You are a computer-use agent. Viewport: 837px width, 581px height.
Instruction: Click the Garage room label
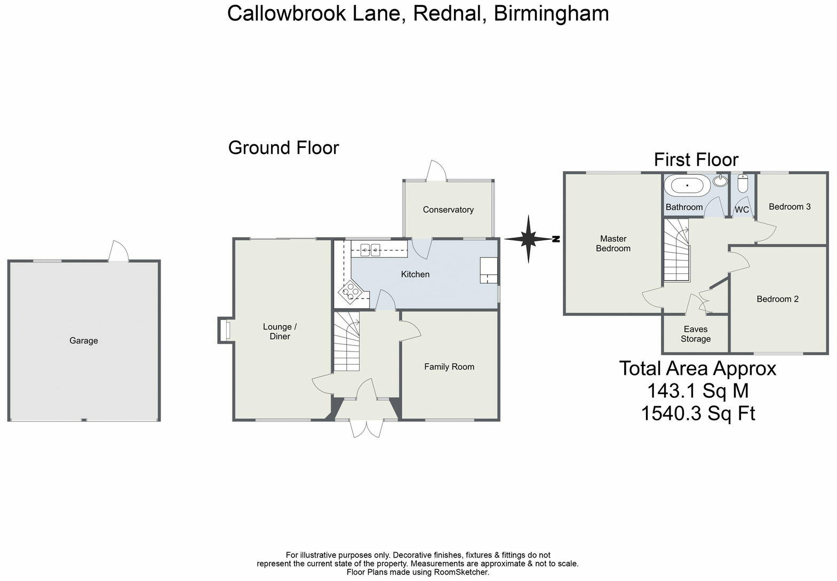pyautogui.click(x=84, y=341)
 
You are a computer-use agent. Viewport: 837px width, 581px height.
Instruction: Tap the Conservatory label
pyautogui.click(x=448, y=210)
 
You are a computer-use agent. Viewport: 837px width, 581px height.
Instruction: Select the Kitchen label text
pyautogui.click(x=415, y=274)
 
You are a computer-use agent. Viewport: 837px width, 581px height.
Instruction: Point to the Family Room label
pyautogui.click(x=449, y=367)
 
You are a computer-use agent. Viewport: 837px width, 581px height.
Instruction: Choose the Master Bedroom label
pyautogui.click(x=613, y=244)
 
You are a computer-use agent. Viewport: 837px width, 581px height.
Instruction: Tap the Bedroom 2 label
pyautogui.click(x=777, y=299)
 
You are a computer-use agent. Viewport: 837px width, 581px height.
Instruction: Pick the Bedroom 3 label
pyautogui.click(x=790, y=207)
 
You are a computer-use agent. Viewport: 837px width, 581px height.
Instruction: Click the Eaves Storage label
pyautogui.click(x=696, y=334)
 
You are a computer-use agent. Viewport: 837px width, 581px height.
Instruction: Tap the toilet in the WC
pyautogui.click(x=742, y=184)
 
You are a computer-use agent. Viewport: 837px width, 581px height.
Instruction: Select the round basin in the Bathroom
pyautogui.click(x=720, y=182)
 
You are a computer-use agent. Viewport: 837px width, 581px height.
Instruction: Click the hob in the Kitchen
pyautogui.click(x=350, y=292)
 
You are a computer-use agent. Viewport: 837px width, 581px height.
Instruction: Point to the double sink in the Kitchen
pyautogui.click(x=370, y=249)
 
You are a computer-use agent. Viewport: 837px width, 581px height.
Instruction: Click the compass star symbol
pyautogui.click(x=528, y=239)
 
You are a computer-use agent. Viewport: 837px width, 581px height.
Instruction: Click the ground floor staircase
pyautogui.click(x=346, y=342)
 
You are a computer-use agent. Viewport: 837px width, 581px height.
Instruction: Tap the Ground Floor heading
pyautogui.click(x=283, y=148)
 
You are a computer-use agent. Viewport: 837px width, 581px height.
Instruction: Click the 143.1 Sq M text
pyautogui.click(x=698, y=391)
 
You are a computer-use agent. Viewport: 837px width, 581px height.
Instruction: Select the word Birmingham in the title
pyautogui.click(x=551, y=13)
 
